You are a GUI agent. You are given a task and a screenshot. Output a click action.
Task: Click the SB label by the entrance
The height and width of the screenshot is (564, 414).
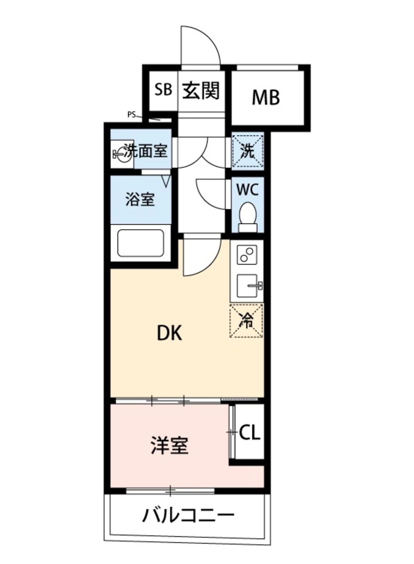(x=164, y=90)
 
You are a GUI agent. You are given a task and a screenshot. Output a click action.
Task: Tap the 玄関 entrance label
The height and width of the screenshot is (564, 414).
(x=201, y=91)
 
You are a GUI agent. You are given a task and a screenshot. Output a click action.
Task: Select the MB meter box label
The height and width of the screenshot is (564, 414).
(x=266, y=97)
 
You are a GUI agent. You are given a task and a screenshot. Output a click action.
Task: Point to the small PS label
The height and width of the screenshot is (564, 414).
(x=131, y=115)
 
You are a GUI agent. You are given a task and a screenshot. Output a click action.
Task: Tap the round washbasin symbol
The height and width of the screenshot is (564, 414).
(x=122, y=154)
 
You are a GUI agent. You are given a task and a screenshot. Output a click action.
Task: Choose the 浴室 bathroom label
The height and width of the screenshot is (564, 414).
(x=140, y=199)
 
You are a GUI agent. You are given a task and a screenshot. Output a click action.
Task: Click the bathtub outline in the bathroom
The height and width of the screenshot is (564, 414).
(x=141, y=243)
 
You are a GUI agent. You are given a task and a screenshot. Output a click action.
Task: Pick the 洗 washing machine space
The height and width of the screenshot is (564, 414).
(x=247, y=151)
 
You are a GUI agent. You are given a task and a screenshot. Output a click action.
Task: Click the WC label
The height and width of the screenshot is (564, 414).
(x=247, y=190)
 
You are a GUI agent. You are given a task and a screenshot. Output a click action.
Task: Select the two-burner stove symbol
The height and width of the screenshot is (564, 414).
(x=247, y=254)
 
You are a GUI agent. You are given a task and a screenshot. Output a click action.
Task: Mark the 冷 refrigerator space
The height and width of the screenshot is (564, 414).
(x=247, y=321)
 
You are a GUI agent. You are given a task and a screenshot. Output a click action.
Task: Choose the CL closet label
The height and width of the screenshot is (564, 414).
(x=250, y=433)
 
